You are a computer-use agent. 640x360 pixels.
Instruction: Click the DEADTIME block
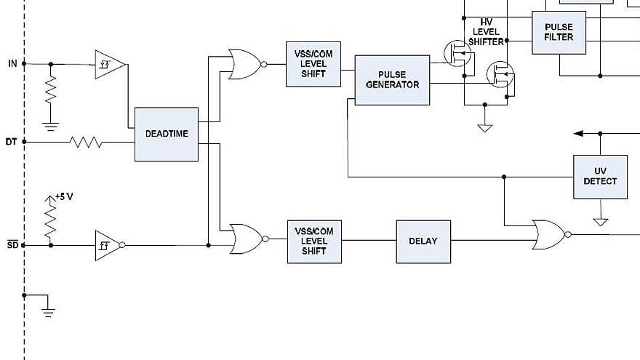(x=166, y=135)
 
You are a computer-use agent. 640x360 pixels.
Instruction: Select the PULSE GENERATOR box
(x=392, y=80)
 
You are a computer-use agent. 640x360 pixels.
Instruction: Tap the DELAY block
(x=423, y=241)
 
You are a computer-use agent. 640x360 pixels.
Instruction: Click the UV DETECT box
(x=600, y=177)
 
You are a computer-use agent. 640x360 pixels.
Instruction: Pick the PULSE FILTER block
(x=559, y=33)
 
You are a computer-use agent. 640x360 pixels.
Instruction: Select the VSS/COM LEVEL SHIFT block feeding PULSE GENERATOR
(x=313, y=64)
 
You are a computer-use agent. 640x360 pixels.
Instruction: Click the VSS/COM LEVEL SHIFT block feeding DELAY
(x=314, y=241)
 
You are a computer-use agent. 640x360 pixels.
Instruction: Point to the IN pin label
(x=12, y=63)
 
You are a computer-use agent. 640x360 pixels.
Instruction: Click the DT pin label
(x=12, y=142)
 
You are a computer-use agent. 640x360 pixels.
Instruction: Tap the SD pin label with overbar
(x=12, y=245)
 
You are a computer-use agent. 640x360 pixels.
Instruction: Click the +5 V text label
(x=65, y=196)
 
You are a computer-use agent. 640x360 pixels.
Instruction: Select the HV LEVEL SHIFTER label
(x=487, y=32)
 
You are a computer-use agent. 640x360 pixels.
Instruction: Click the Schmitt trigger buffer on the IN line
(x=108, y=64)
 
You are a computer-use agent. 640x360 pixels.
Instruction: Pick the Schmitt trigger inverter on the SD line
(x=108, y=246)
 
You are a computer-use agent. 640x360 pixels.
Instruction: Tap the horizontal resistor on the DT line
(x=86, y=142)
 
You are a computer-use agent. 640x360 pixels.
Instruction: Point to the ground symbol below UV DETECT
(x=600, y=221)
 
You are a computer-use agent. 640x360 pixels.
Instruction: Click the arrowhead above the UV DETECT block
(x=579, y=133)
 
